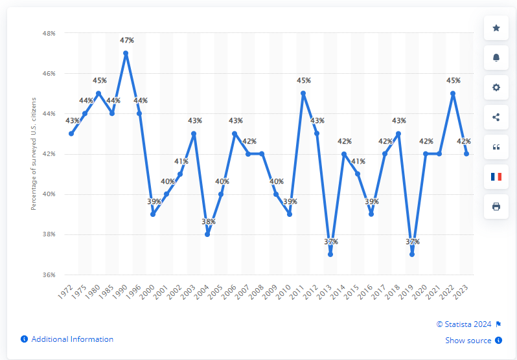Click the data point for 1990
tap(126, 53)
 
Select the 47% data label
tap(127, 40)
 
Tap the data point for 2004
tap(207, 234)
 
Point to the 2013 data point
tap(330, 254)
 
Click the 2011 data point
tap(303, 93)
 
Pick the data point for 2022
tap(453, 93)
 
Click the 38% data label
tap(209, 221)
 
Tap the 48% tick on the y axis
tap(49, 33)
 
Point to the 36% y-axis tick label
tap(49, 275)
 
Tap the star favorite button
tap(496, 28)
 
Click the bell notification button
tap(496, 58)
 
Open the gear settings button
tap(496, 87)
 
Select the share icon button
tap(496, 117)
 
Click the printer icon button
tap(496, 207)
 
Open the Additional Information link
tap(72, 339)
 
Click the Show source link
tap(469, 341)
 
